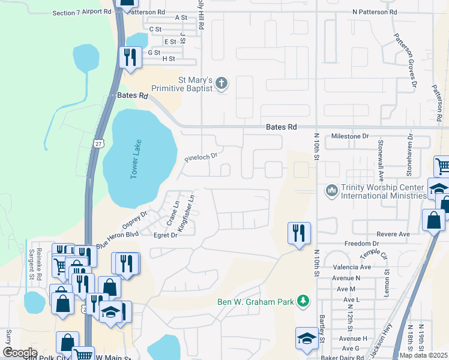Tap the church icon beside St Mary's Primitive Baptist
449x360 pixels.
(x=221, y=83)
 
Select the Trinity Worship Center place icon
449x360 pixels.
(x=331, y=191)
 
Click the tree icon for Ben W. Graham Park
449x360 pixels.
(x=304, y=301)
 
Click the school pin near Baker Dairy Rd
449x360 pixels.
(x=307, y=338)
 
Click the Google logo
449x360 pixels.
(x=20, y=353)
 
